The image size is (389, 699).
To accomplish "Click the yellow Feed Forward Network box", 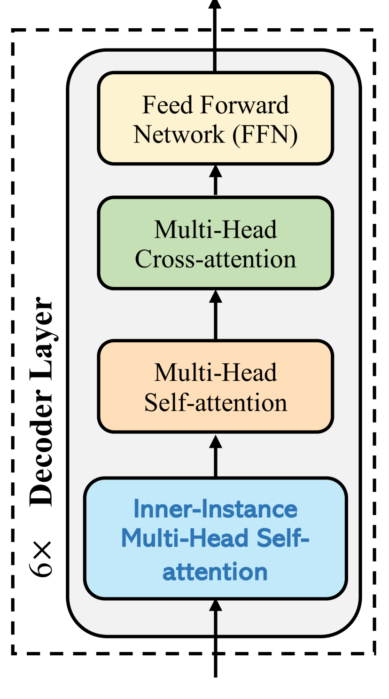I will pyautogui.click(x=215, y=118).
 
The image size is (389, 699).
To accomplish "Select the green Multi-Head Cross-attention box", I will pyautogui.click(x=215, y=243).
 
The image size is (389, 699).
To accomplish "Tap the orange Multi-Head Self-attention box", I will pyautogui.click(x=215, y=386).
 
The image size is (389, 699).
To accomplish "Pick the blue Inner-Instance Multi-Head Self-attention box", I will pyautogui.click(x=215, y=539).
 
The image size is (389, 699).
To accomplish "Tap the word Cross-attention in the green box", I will pyautogui.click(x=215, y=259).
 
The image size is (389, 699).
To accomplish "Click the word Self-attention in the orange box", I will pyautogui.click(x=215, y=403).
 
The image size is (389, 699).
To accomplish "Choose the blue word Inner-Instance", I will pyautogui.click(x=215, y=509).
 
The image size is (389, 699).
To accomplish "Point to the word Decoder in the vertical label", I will pyautogui.click(x=42, y=451).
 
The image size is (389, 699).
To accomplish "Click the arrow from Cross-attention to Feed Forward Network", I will pyautogui.click(x=215, y=180).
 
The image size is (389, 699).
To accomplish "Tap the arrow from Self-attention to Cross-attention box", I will pyautogui.click(x=215, y=314).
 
